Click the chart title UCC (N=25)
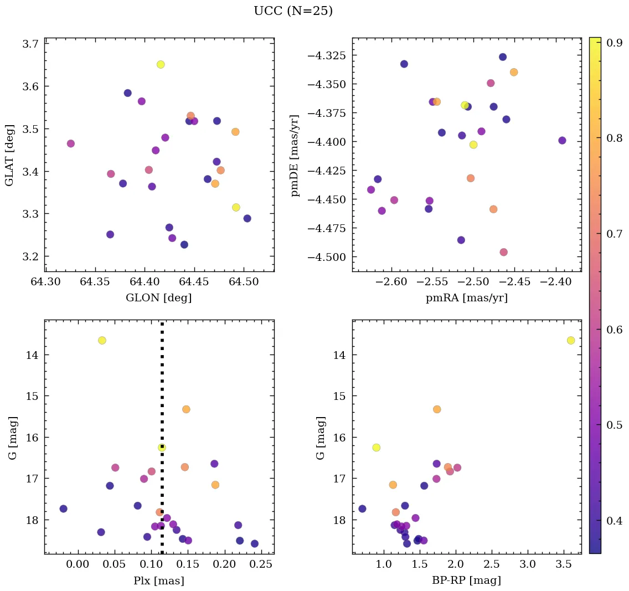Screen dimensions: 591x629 (x=293, y=11)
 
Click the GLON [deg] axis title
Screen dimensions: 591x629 (x=159, y=298)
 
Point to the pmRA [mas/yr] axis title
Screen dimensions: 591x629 (x=466, y=298)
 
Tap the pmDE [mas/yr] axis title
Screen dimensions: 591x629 (x=295, y=155)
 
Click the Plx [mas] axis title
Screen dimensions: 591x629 (x=159, y=581)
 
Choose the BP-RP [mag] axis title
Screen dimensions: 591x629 (x=466, y=581)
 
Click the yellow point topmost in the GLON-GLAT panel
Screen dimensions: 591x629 (x=161, y=64)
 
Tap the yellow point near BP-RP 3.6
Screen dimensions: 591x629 (x=571, y=340)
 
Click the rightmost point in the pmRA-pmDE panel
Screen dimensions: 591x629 (x=562, y=140)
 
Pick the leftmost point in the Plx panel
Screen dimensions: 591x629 (x=63, y=508)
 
